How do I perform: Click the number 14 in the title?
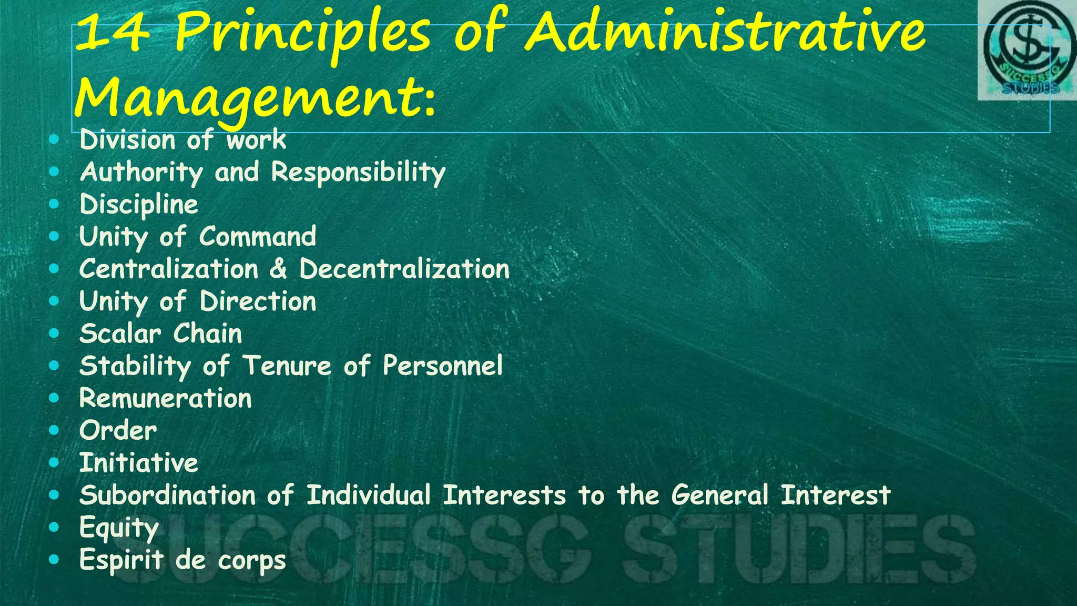pyautogui.click(x=111, y=33)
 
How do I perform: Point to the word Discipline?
pyautogui.click(x=139, y=205)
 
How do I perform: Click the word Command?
pyautogui.click(x=258, y=237)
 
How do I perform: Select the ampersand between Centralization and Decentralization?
pyautogui.click(x=279, y=269)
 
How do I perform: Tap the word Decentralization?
pyautogui.click(x=404, y=269)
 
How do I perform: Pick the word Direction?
pyautogui.click(x=258, y=302)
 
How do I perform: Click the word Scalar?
pyautogui.click(x=120, y=334)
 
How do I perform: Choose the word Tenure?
pyautogui.click(x=287, y=366)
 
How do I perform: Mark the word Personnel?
pyautogui.click(x=442, y=366)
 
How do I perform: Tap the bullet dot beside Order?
pyautogui.click(x=54, y=430)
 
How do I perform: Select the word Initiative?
pyautogui.click(x=138, y=463)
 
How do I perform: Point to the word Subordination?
pyautogui.click(x=168, y=496)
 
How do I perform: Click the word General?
pyautogui.click(x=719, y=496)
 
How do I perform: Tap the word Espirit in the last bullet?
pyautogui.click(x=121, y=560)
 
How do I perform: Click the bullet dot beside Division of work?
pyautogui.click(x=54, y=140)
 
